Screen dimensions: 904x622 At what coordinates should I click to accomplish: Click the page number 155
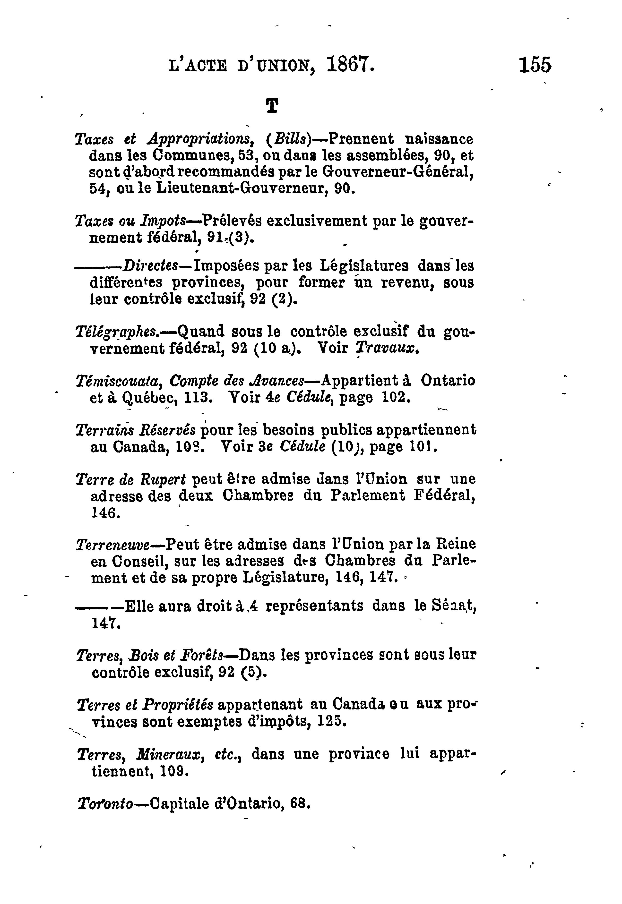pos(535,65)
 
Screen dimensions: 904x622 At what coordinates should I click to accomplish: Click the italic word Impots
pos(164,221)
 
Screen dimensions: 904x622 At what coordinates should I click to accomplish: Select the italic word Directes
pos(150,266)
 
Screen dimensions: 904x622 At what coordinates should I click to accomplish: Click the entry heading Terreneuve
pos(113,544)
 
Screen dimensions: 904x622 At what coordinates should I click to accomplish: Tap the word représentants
pos(314,606)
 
